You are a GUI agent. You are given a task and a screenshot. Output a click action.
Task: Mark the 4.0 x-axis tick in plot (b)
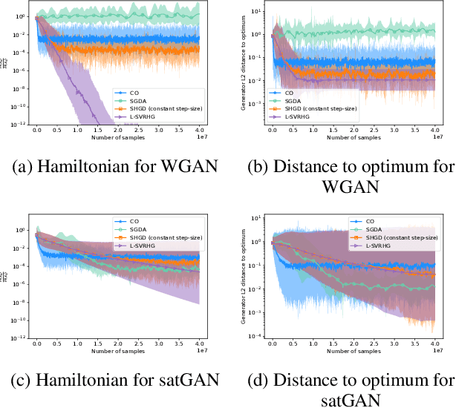click(434, 130)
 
